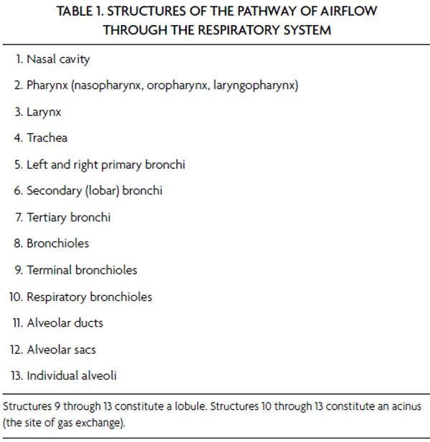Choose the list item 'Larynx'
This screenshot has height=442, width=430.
44,112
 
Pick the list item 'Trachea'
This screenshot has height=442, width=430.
47,138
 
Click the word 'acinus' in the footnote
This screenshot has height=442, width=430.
404,406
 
